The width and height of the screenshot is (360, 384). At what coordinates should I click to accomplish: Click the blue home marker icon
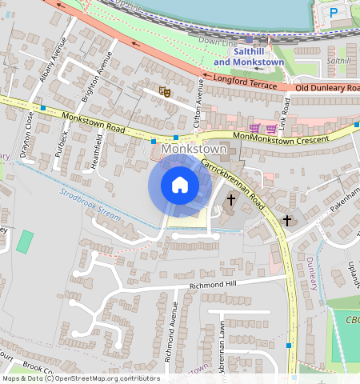coord(180,185)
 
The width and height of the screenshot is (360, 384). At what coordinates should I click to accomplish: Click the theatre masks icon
coord(165,92)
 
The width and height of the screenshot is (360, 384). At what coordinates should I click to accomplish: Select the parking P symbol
coord(334,12)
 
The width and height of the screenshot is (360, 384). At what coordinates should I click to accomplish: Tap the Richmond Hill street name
coord(213,285)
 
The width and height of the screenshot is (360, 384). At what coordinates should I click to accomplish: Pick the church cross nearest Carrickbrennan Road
coord(231,199)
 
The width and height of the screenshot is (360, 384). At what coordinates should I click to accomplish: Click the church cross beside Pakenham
coord(287,220)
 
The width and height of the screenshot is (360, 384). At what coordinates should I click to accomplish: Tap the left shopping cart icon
coord(255,128)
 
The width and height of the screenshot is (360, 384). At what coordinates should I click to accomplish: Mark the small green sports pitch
coord(26,241)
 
